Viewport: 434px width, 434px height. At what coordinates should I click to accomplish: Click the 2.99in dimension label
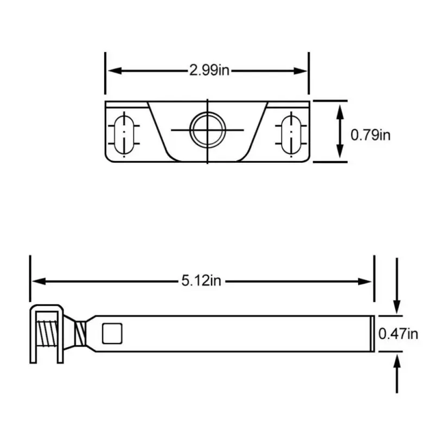[x=209, y=71]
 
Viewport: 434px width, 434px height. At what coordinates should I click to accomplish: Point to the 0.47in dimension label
[x=398, y=334]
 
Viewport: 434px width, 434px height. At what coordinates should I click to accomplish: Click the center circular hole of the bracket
[x=207, y=130]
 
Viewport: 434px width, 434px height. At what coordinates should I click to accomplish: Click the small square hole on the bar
[x=113, y=332]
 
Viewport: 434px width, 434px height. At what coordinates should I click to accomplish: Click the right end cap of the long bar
[x=372, y=333]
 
